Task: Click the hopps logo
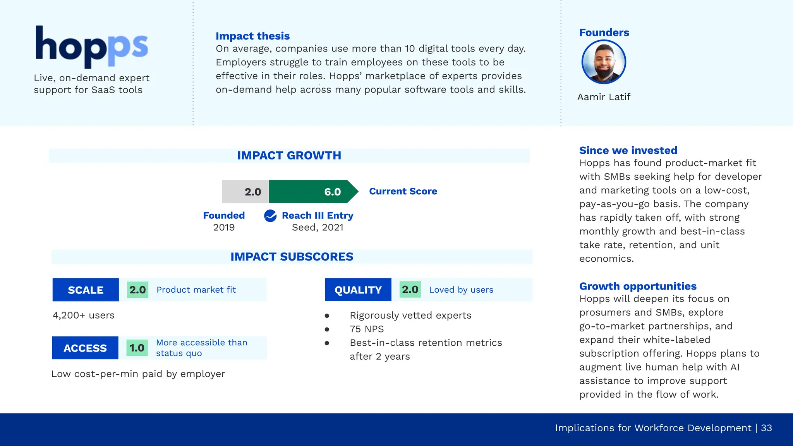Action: coord(91,46)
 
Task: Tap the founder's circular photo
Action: coord(604,62)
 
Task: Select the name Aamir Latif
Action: coord(604,97)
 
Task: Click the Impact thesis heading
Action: coord(252,36)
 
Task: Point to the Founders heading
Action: coord(604,33)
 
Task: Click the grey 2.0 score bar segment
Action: coord(245,192)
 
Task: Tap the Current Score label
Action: coord(403,191)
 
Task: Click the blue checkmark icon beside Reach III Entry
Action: coord(270,216)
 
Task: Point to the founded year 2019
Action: coord(224,227)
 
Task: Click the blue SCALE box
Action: coord(86,290)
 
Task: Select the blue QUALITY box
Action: coord(358,290)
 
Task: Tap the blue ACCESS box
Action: coord(85,348)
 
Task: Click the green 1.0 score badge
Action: coord(137,348)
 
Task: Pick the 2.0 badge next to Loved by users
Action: coord(410,290)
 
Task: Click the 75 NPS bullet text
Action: coord(366,329)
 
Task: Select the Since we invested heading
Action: coord(628,150)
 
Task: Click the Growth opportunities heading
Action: coord(638,286)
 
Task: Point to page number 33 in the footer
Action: coord(766,428)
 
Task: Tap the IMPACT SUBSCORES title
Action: coord(292,257)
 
